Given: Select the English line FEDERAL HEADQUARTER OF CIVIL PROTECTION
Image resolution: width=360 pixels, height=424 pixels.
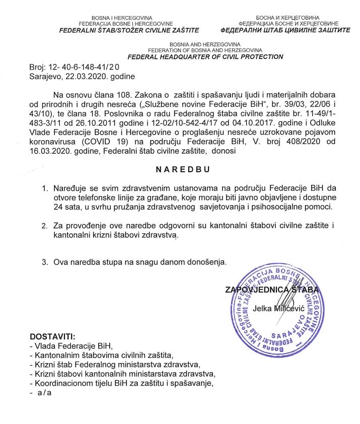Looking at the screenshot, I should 205,57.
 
